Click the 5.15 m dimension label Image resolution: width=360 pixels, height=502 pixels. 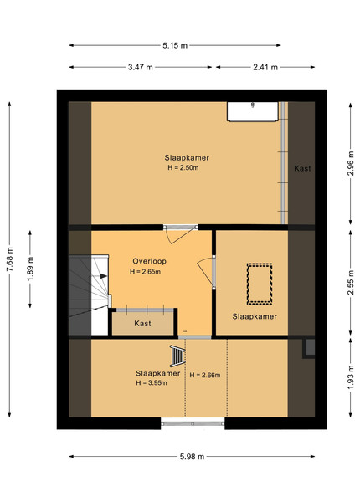[x=175, y=45]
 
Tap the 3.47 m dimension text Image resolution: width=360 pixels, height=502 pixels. [x=141, y=67]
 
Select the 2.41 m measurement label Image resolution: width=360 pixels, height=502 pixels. [x=265, y=67]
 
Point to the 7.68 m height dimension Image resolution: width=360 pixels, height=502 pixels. [x=9, y=259]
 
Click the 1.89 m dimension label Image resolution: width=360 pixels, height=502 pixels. [x=30, y=269]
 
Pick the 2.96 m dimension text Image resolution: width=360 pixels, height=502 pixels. [x=351, y=163]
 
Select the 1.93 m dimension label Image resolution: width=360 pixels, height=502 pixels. [x=351, y=377]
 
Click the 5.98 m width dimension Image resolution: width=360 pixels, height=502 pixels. [x=192, y=457]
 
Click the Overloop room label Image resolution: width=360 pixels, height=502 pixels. [x=150, y=261]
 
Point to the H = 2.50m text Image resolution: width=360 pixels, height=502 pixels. [x=183, y=167]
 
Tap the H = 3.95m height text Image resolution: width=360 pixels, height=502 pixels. [x=152, y=382]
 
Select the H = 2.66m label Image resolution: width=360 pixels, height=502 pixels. [x=205, y=375]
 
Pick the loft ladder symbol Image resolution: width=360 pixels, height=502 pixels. [x=177, y=356]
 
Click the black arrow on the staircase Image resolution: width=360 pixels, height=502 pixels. [x=103, y=275]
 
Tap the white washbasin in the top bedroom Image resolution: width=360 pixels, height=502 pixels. [x=253, y=112]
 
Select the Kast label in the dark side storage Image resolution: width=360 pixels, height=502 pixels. [x=302, y=168]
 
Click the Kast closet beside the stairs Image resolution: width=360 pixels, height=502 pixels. [x=142, y=323]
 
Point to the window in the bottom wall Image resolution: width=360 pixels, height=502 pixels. [x=193, y=423]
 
